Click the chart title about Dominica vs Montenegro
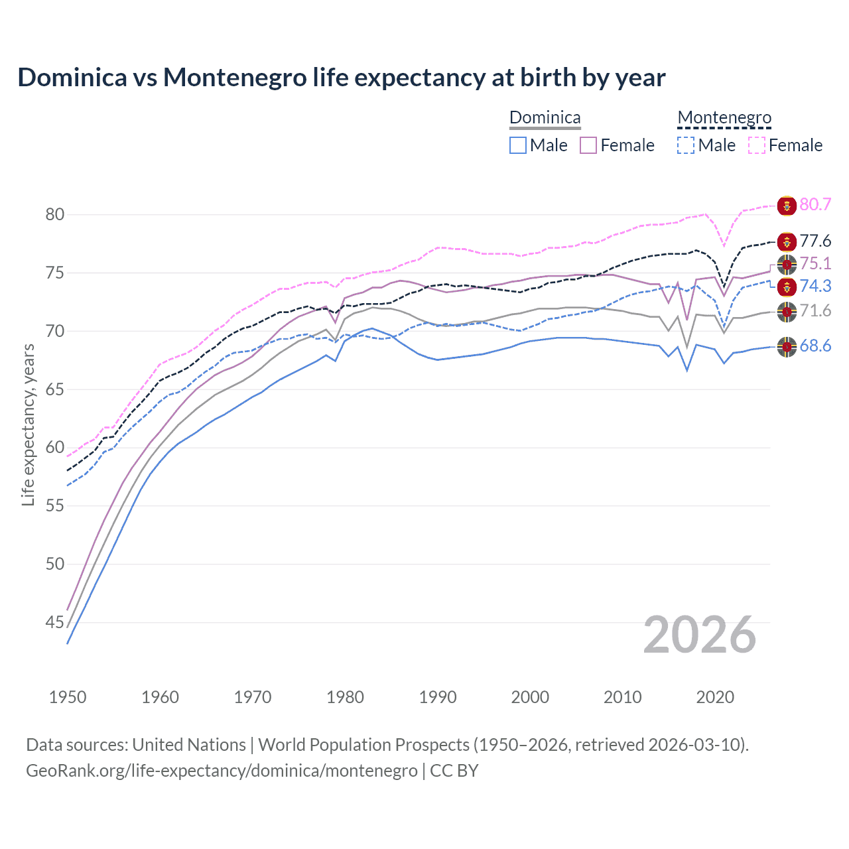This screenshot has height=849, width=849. pos(341,78)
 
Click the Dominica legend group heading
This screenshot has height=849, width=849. pos(545,118)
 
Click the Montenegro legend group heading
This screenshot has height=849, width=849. pos(724,118)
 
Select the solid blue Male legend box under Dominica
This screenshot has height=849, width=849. pos(518,145)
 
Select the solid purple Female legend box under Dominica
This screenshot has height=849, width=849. pos(589,145)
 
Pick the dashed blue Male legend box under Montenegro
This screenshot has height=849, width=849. pos(686,145)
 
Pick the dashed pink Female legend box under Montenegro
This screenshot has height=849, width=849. pos(757,145)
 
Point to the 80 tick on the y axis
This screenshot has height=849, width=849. pos(55,214)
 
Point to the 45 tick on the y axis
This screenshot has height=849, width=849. pos(55,622)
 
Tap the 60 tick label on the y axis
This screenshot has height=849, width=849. pos(55,448)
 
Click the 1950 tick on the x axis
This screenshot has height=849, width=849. pos(68,697)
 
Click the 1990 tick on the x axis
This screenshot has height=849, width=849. pos(438,697)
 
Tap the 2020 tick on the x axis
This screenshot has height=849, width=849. pos(715,697)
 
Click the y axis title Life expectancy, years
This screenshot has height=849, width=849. pos(28,424)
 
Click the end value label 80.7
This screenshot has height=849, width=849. pos(815,204)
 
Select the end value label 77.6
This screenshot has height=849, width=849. pos(815,241)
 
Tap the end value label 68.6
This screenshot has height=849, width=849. pos(815,346)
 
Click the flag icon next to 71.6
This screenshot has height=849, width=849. pos(787,311)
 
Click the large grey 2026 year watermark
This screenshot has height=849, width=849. pos(700,635)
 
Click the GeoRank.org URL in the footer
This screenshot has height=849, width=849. pos(222,771)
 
